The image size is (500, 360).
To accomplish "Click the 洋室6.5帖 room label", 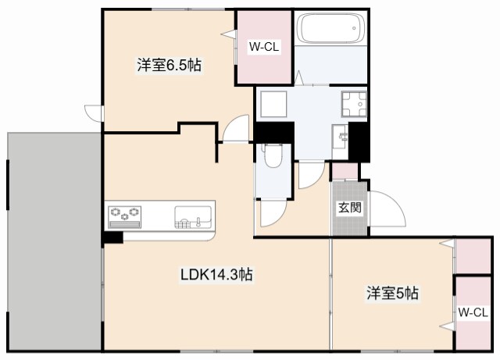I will [x=170, y=66].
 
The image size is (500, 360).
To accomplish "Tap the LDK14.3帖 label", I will [x=216, y=274].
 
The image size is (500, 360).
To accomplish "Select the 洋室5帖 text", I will [x=393, y=294].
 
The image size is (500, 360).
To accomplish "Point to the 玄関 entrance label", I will [x=348, y=209].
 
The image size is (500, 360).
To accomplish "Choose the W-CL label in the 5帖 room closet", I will [x=473, y=313].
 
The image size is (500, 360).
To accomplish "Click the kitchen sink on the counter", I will [x=193, y=215].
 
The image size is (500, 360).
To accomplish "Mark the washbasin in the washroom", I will [x=342, y=137].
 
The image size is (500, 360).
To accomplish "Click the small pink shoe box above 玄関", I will [x=344, y=170].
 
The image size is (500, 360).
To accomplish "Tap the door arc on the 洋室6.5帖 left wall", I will [x=94, y=112].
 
